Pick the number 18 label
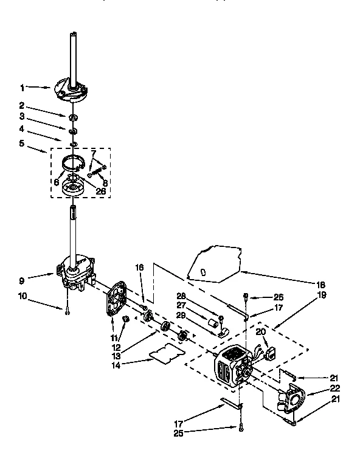click(x=321, y=285)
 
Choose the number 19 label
click(x=321, y=295)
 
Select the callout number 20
click(x=260, y=331)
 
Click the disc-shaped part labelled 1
click(x=72, y=88)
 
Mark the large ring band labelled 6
click(x=72, y=162)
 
